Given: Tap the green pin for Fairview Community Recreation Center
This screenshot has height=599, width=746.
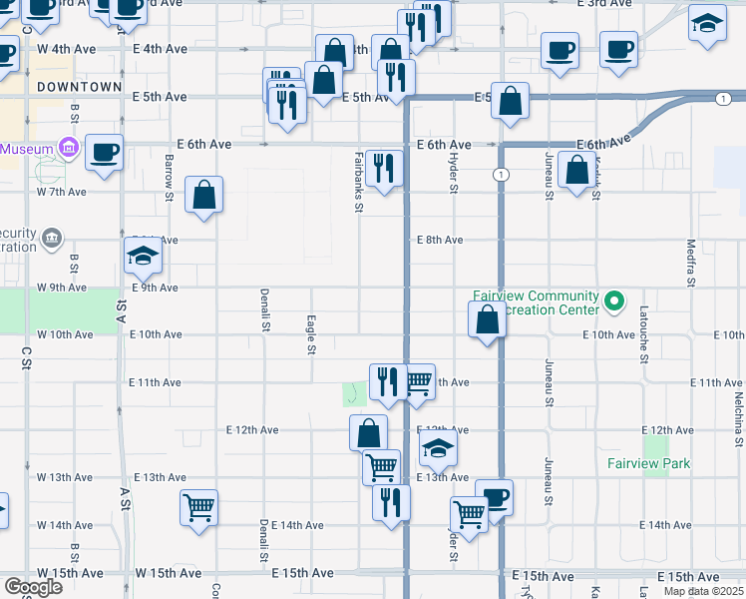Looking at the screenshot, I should click(615, 299).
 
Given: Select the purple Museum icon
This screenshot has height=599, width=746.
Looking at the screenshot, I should click(69, 149).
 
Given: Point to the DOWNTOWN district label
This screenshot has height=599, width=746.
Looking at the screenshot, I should click(79, 87).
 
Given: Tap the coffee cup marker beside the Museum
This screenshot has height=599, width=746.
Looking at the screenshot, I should click(104, 153).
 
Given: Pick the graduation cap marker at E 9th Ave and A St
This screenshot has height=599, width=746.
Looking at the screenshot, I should click(144, 257).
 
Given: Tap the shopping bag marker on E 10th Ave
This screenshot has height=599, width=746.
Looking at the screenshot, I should click(487, 320).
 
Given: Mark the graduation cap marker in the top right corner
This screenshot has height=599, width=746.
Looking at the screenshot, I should click(707, 23).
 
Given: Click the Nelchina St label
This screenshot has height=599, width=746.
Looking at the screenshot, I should click(739, 409).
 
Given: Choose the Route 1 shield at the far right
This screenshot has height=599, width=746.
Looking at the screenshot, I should click(721, 98).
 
